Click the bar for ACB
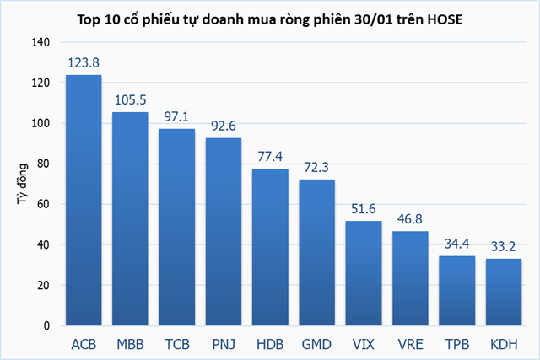point(84,201)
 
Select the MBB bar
point(130,219)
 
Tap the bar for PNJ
point(224,232)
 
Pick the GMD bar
point(316,253)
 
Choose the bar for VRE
point(410,278)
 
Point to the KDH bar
point(503,292)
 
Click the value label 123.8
point(84,62)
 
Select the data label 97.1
point(177,116)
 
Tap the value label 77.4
point(270,157)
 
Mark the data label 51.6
point(364,209)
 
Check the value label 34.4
point(456,244)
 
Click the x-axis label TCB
point(177,344)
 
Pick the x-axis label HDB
point(270,344)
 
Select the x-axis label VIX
point(364,344)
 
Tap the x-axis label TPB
point(456,344)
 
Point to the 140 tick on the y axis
point(40,42)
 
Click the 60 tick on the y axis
point(42,204)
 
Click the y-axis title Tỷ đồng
point(19,184)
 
